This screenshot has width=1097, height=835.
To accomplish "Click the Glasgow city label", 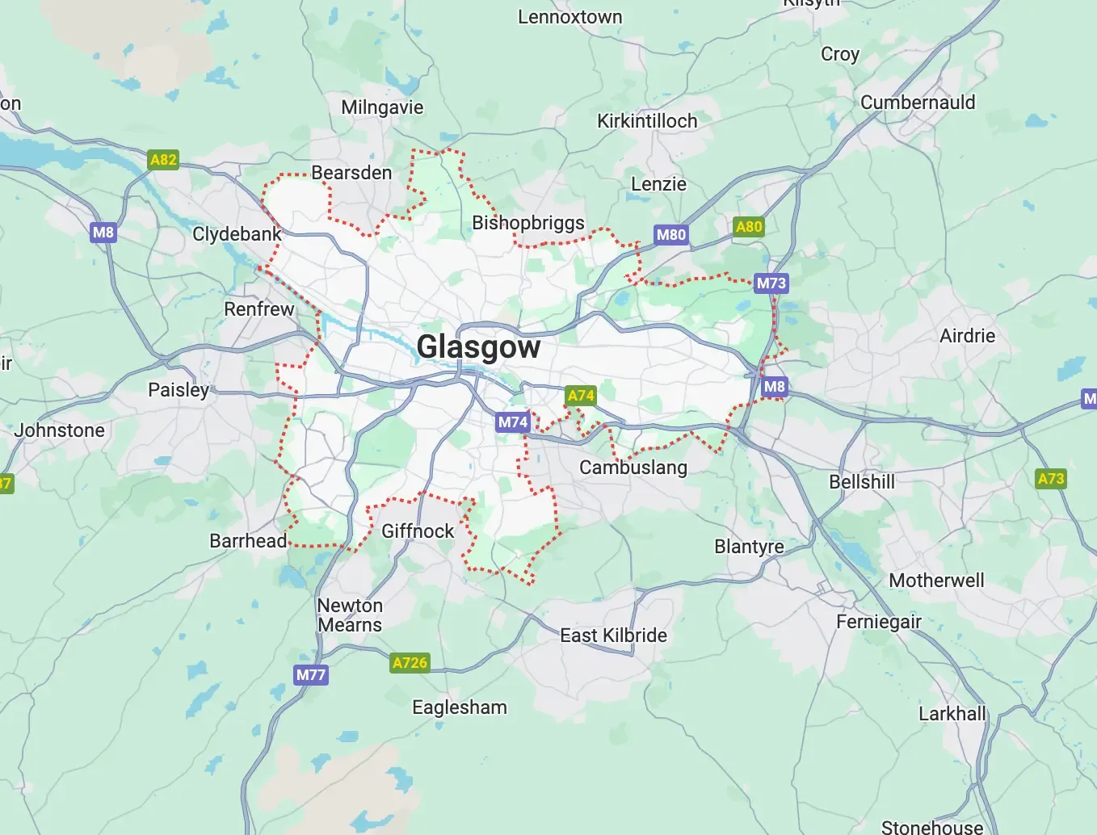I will click(478, 346).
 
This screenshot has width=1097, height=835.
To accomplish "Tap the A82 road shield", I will click(163, 160).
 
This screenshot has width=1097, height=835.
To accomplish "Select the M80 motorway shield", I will click(670, 235).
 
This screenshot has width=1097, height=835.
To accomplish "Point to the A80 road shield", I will click(749, 227).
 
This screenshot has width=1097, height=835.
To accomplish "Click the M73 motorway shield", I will click(771, 283).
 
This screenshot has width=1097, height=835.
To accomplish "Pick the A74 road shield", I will click(581, 396).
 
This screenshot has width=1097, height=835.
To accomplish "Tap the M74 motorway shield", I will click(513, 422).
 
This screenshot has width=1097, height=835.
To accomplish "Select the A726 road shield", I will click(410, 663).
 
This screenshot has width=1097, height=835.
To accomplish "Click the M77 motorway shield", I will click(311, 675).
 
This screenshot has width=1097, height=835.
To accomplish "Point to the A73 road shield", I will click(1051, 479).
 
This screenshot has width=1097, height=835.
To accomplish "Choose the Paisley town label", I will click(179, 390).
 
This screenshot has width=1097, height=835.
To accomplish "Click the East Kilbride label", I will click(614, 636).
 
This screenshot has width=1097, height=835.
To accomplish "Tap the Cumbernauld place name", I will click(918, 103).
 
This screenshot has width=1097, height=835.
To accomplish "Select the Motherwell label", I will click(936, 581).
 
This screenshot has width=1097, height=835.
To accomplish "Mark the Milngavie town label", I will click(382, 107).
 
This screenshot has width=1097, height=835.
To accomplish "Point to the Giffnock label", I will click(418, 531).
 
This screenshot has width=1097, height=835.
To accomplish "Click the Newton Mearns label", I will click(350, 615).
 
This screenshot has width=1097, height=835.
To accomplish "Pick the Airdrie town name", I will click(967, 336).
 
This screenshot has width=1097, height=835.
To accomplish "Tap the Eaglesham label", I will click(460, 707).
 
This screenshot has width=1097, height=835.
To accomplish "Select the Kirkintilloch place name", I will click(647, 121).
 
